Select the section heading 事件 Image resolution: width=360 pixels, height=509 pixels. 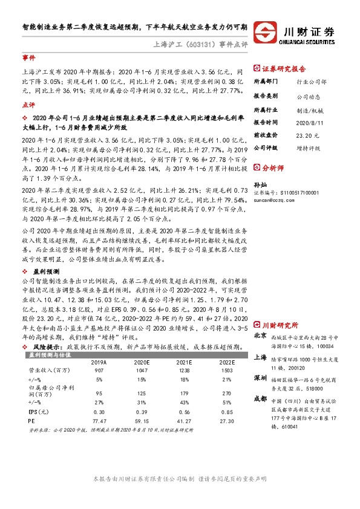tap(28, 59)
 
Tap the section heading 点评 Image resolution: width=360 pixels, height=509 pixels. tap(28, 105)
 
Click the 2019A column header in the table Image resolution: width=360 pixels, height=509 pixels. tap(98, 346)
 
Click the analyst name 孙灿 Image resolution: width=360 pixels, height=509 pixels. tap(260, 184)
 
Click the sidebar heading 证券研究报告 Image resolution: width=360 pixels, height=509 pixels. tap(284, 69)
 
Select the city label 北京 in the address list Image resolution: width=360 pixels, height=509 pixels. tap(260, 319)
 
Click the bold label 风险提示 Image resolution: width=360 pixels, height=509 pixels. tap(46, 331)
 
